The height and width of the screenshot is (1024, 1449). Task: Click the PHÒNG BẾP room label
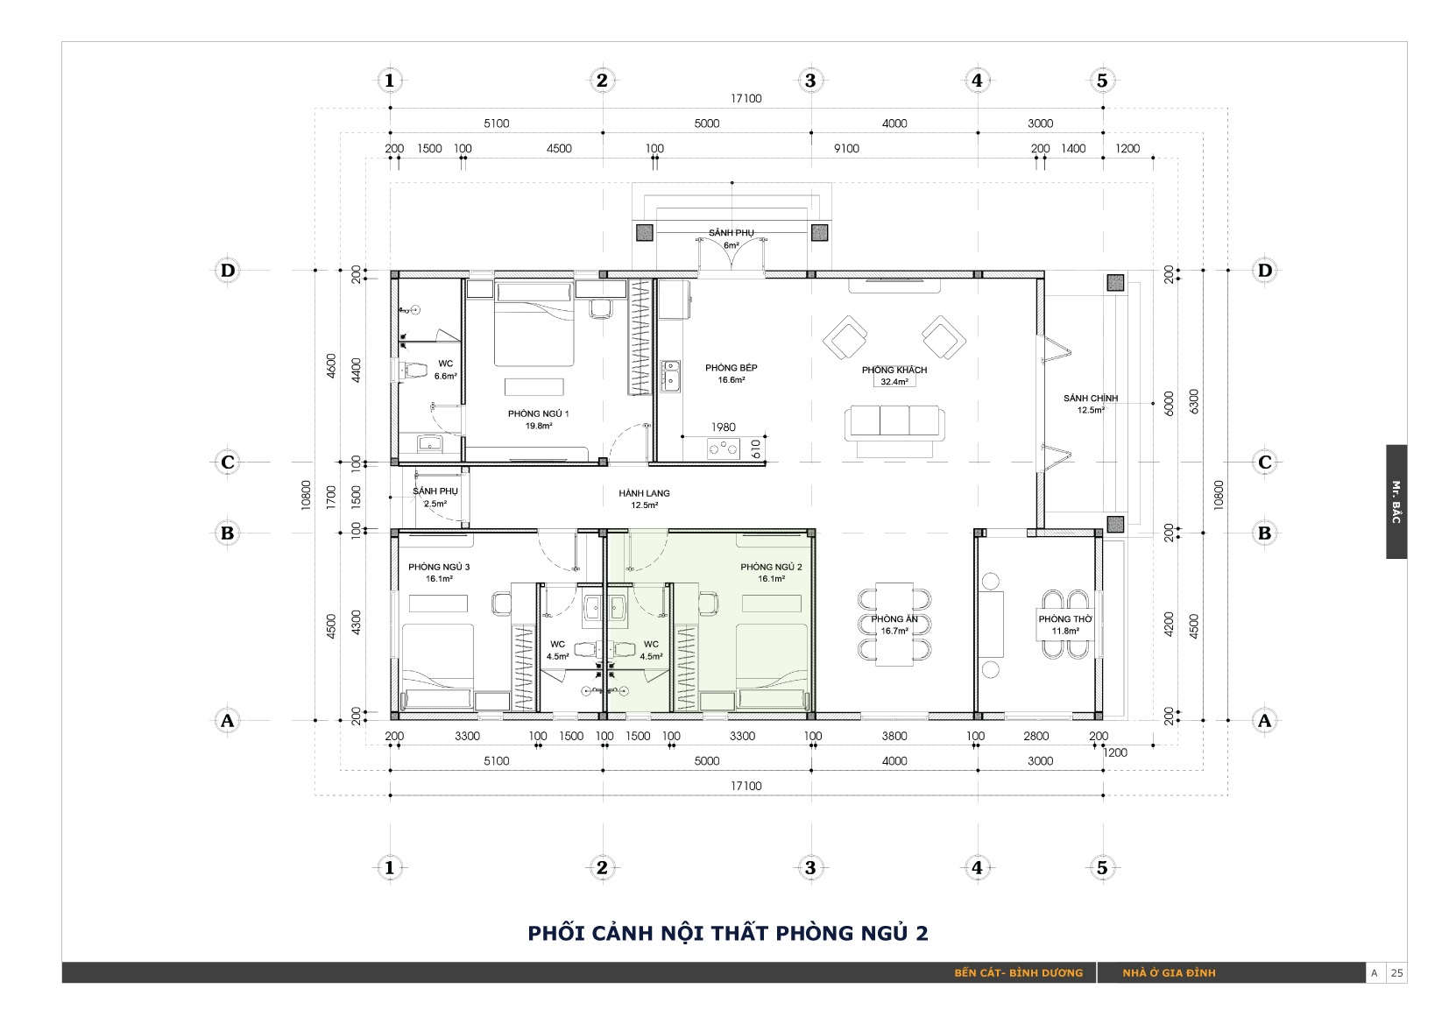click(x=731, y=367)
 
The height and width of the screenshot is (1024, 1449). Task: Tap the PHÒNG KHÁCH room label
click(x=894, y=370)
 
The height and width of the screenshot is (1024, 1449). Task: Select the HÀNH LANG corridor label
click(x=644, y=493)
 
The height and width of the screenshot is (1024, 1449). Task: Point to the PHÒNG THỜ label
click(x=1064, y=619)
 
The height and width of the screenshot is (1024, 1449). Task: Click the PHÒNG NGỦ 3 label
click(x=439, y=567)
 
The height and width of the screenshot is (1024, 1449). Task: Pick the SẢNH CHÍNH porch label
click(x=1091, y=398)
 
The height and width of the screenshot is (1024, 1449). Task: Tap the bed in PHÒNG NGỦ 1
click(x=534, y=322)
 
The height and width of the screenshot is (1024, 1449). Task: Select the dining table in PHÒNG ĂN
click(x=894, y=625)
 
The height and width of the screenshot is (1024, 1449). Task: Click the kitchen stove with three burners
click(x=724, y=448)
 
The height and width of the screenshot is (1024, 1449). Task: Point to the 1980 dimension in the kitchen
click(x=724, y=427)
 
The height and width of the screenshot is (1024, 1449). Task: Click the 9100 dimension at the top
click(x=846, y=149)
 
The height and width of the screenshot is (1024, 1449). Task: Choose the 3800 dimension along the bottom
click(x=894, y=736)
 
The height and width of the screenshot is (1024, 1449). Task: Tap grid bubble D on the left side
click(x=228, y=271)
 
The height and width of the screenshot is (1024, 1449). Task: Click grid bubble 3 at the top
click(x=810, y=81)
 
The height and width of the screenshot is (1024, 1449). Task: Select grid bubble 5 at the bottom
click(x=1102, y=867)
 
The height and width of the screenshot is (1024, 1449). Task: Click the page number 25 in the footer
click(x=1396, y=973)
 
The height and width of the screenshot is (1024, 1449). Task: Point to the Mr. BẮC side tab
click(x=1396, y=502)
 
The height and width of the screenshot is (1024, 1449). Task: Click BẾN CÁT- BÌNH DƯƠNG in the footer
click(x=1018, y=973)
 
